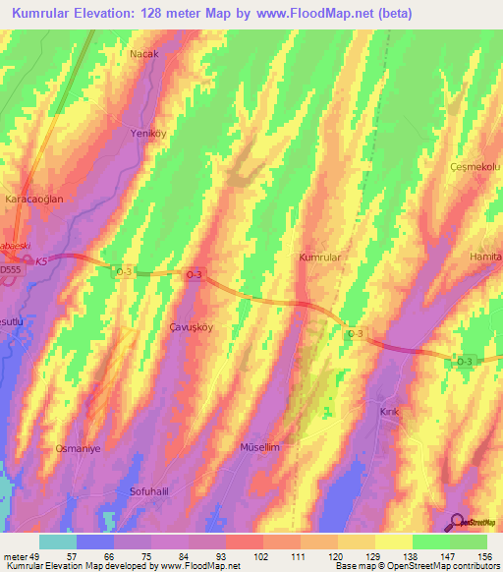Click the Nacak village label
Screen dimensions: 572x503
[x=143, y=54]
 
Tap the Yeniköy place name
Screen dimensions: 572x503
[x=144, y=132]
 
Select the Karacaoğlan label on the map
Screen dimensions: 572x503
[x=34, y=199]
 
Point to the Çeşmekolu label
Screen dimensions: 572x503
[x=475, y=167]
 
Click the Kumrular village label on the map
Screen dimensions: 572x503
[x=319, y=257]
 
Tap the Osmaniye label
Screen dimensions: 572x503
[x=78, y=448]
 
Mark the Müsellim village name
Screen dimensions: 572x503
[x=260, y=446]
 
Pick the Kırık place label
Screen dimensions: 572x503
[x=390, y=411]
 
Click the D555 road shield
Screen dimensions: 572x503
[x=10, y=267]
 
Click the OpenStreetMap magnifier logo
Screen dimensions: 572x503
[x=457, y=523]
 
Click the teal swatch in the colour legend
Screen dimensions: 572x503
[x=57, y=542]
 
